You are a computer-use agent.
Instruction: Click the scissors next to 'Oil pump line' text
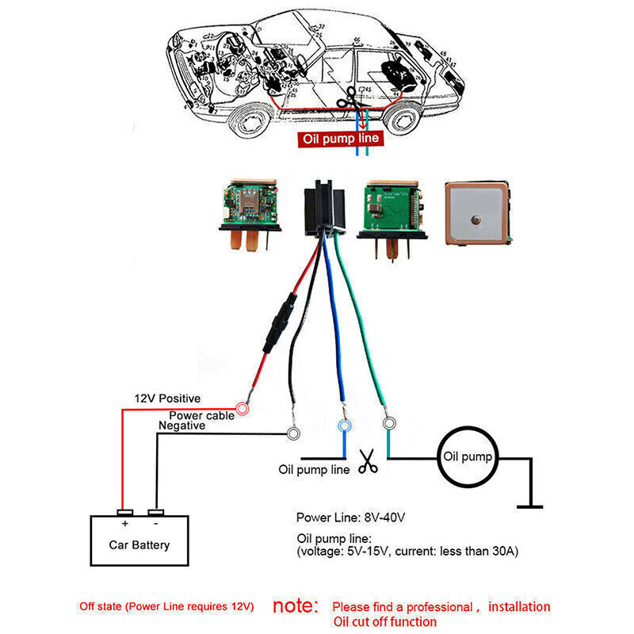coord(367,461)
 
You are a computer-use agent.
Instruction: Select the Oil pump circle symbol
coord(468,457)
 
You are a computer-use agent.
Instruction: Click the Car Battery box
coord(139,544)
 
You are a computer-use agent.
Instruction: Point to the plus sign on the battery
coord(124,525)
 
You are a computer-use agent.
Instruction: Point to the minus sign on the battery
coord(155,525)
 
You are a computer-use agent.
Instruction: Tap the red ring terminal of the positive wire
coord(243,409)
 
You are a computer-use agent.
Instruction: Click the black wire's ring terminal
coord(294,433)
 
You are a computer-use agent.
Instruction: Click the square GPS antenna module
coord(478,212)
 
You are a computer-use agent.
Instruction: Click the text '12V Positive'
coord(166,398)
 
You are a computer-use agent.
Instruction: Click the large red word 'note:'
coord(296,606)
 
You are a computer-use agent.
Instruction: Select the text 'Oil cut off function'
coord(384,621)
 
